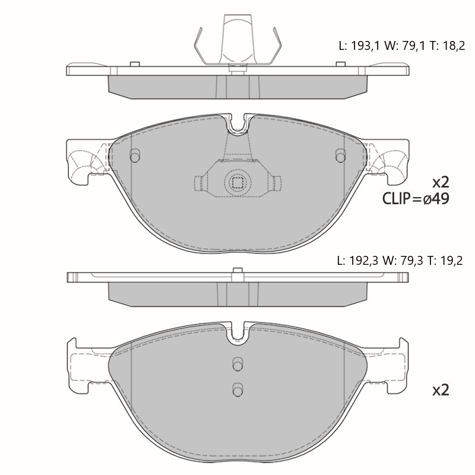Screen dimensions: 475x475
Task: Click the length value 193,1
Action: click(x=365, y=46)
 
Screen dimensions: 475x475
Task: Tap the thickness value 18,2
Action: click(x=454, y=46)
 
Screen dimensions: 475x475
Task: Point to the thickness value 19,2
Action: click(x=452, y=261)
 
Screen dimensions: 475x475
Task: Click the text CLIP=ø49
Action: click(x=416, y=199)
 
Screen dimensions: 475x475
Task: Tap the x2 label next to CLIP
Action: click(x=441, y=182)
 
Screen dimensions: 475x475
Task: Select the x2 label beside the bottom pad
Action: click(x=441, y=390)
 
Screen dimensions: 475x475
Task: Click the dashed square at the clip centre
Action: click(x=237, y=183)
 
